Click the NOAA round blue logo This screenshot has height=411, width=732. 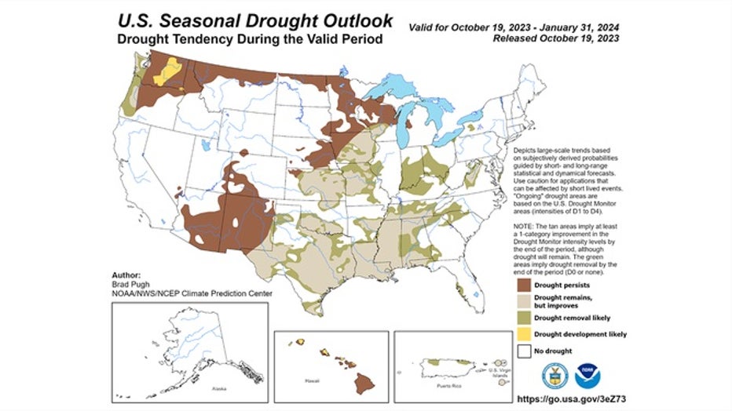(x=587, y=376)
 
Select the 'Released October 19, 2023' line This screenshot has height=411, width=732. (x=554, y=38)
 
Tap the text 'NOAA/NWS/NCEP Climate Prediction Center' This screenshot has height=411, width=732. (x=192, y=294)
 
